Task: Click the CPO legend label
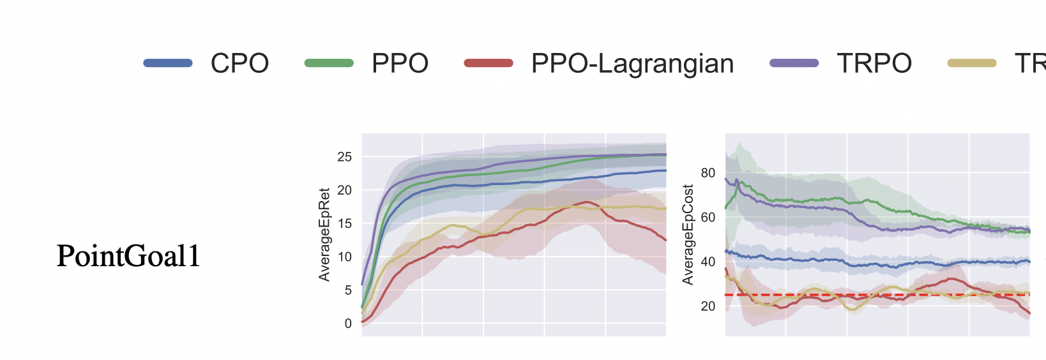tap(239, 63)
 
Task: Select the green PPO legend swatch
tap(329, 63)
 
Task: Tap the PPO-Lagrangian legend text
tap(632, 63)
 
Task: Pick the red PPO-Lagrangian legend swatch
tap(489, 63)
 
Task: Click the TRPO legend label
tap(874, 63)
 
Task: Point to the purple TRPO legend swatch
tap(794, 63)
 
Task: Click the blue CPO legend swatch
tap(168, 63)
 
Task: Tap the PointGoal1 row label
tap(128, 256)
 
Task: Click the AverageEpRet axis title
tap(324, 234)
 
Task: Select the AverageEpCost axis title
tap(688, 234)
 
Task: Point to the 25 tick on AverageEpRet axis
tap(344, 157)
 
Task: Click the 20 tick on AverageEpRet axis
tap(344, 190)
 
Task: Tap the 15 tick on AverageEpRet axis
tap(344, 223)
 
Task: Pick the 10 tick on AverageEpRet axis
tap(344, 257)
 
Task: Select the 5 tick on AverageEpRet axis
tap(348, 290)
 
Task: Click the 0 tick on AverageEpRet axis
tap(348, 324)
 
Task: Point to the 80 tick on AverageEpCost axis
tap(708, 173)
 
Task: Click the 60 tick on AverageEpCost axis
tap(708, 218)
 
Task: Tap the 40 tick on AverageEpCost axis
tap(708, 262)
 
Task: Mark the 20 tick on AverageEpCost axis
tap(708, 306)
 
